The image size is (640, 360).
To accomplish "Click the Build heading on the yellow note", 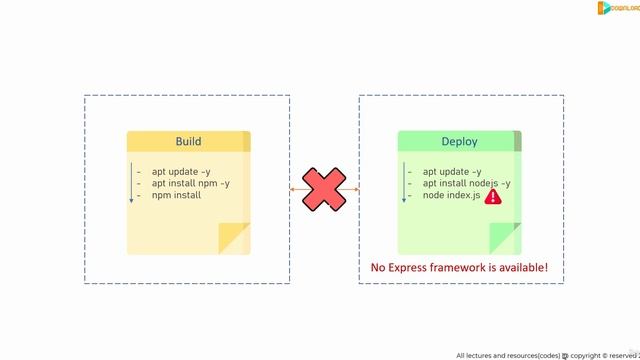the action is coord(188,142).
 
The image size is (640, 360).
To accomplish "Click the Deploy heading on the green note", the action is coord(459,142).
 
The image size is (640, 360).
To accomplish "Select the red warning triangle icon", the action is coord(492,197).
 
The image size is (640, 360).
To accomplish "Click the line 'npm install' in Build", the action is coord(176,195).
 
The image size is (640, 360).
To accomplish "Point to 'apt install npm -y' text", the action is coord(190,183).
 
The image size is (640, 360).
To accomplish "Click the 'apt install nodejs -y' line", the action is coord(466,183).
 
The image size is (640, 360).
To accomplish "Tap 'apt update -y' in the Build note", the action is coord(181,171).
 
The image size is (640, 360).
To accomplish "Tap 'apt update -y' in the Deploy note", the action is coord(451,171).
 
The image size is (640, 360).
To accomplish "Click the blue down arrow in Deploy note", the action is coord(404,183).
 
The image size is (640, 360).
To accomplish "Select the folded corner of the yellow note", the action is coord(235,239).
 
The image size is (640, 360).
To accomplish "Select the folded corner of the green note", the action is coord(505,239).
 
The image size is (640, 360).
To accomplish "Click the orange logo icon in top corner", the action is coord(604,8).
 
